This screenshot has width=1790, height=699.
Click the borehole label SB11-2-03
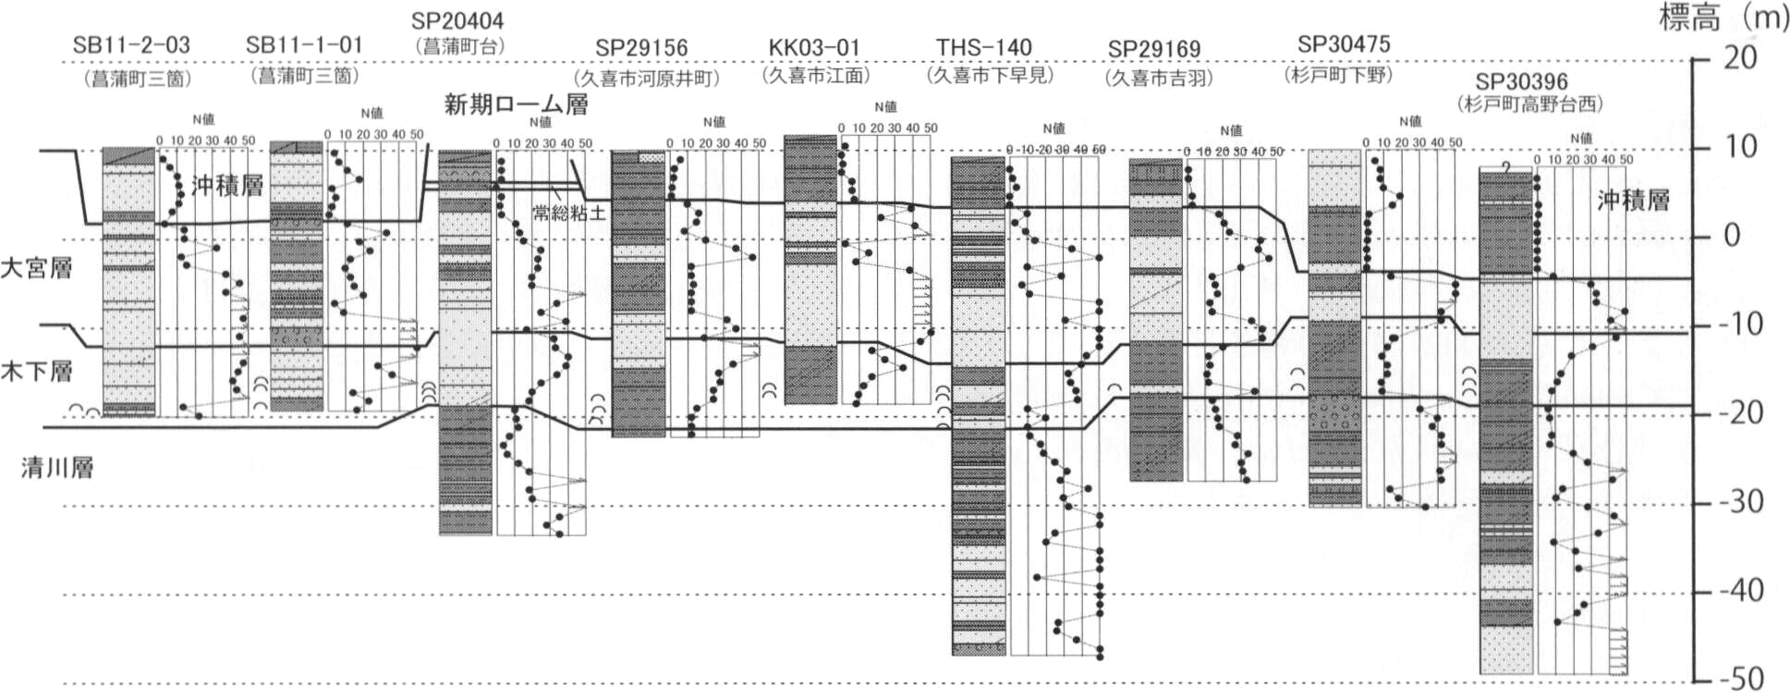(x=131, y=44)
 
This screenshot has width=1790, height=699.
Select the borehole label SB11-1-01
(x=304, y=44)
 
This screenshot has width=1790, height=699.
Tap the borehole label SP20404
(x=457, y=20)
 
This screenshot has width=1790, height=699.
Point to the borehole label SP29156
(x=641, y=48)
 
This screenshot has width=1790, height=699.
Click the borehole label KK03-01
(x=814, y=47)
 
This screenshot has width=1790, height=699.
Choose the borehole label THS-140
(x=983, y=47)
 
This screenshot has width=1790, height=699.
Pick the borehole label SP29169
(x=1154, y=49)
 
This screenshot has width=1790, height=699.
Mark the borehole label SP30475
(x=1344, y=43)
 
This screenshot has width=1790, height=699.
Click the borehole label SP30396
(x=1521, y=81)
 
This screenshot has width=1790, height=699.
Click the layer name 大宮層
(x=36, y=269)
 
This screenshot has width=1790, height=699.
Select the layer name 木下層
(x=36, y=373)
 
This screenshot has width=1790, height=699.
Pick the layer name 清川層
(x=57, y=468)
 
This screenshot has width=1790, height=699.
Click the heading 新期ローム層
(x=516, y=104)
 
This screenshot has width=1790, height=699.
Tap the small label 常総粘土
(x=569, y=214)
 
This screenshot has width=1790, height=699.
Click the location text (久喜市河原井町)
(x=646, y=79)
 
